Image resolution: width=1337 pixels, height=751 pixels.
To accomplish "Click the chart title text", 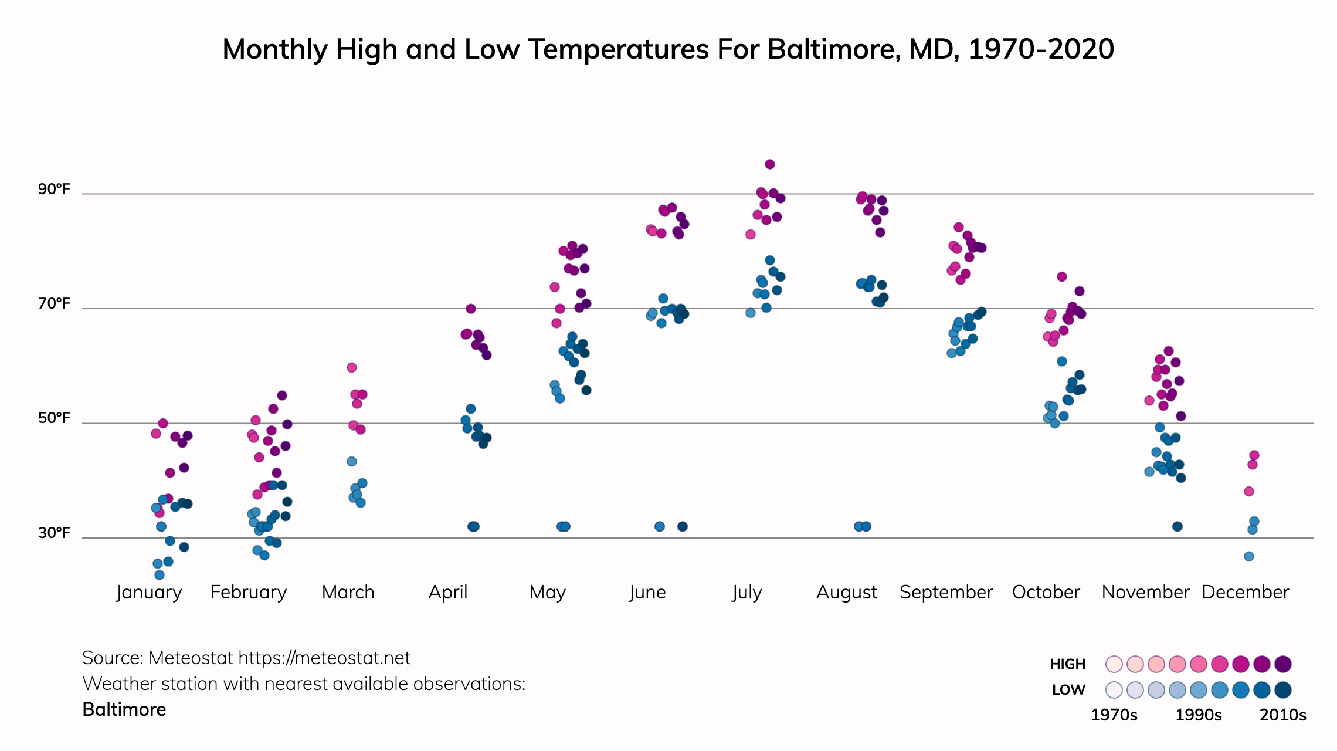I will pyautogui.click(x=668, y=49).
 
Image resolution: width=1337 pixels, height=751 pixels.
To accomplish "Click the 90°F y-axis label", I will pyautogui.click(x=54, y=189).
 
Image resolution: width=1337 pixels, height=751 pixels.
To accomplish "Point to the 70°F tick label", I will pyautogui.click(x=54, y=303).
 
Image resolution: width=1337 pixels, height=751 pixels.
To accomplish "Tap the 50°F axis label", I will pyautogui.click(x=54, y=418).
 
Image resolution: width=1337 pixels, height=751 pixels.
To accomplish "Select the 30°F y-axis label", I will pyautogui.click(x=54, y=533).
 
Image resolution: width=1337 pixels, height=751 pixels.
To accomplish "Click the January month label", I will pyautogui.click(x=149, y=592).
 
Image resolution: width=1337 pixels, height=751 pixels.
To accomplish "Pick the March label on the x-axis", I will pyautogui.click(x=348, y=592).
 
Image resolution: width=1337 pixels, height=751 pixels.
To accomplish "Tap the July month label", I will pyautogui.click(x=746, y=592).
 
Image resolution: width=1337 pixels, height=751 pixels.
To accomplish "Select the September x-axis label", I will pyautogui.click(x=946, y=592).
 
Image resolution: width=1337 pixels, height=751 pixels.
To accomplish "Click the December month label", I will pyautogui.click(x=1245, y=592).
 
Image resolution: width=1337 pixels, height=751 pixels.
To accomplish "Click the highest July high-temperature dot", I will pyautogui.click(x=770, y=164).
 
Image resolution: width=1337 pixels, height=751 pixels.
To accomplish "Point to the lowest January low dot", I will pyautogui.click(x=160, y=575).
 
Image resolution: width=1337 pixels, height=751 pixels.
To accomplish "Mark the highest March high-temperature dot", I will pyautogui.click(x=352, y=368).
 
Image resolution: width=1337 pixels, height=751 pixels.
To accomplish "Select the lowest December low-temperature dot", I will pyautogui.click(x=1249, y=556).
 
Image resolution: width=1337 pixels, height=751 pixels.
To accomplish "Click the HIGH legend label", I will pyautogui.click(x=1067, y=664).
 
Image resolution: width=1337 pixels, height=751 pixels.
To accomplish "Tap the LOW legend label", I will pyautogui.click(x=1068, y=690).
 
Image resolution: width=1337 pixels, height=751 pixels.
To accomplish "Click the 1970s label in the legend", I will pyautogui.click(x=1114, y=715).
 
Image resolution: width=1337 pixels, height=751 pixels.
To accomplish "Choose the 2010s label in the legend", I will pyautogui.click(x=1283, y=715).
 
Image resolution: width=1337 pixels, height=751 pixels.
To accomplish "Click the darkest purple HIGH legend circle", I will pyautogui.click(x=1283, y=664).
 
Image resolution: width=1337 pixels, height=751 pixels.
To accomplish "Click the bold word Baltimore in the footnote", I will pyautogui.click(x=124, y=710).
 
